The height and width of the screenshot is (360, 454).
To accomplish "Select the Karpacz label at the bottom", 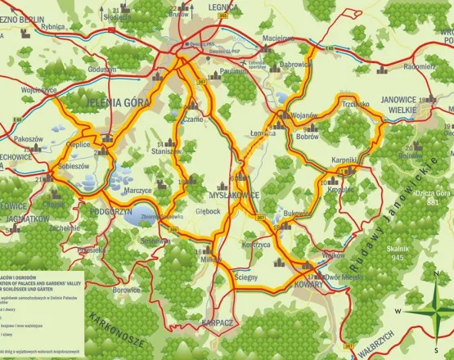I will coord(218,322).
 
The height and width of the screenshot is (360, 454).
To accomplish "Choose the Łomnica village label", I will coord(263,133).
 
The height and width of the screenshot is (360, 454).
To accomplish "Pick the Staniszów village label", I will coord(166,151).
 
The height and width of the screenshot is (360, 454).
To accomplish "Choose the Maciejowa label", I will coord(277,38).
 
